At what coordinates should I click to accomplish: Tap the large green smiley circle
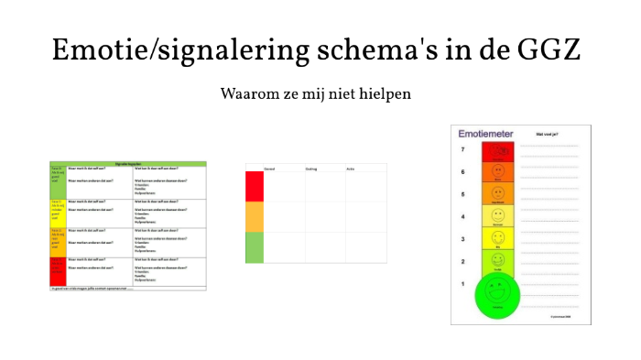(497, 295)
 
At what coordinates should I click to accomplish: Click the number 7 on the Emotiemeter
(463, 150)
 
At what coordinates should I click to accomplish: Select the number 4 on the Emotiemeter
(463, 217)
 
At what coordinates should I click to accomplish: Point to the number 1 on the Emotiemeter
(463, 283)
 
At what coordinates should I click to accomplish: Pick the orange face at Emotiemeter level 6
(498, 172)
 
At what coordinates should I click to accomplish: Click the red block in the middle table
(255, 187)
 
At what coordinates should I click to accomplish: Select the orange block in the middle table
(255, 217)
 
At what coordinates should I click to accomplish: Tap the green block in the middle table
(255, 247)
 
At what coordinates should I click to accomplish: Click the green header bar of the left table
(128, 163)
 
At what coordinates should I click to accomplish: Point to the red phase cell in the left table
(58, 271)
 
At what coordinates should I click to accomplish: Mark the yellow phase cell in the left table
(58, 212)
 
